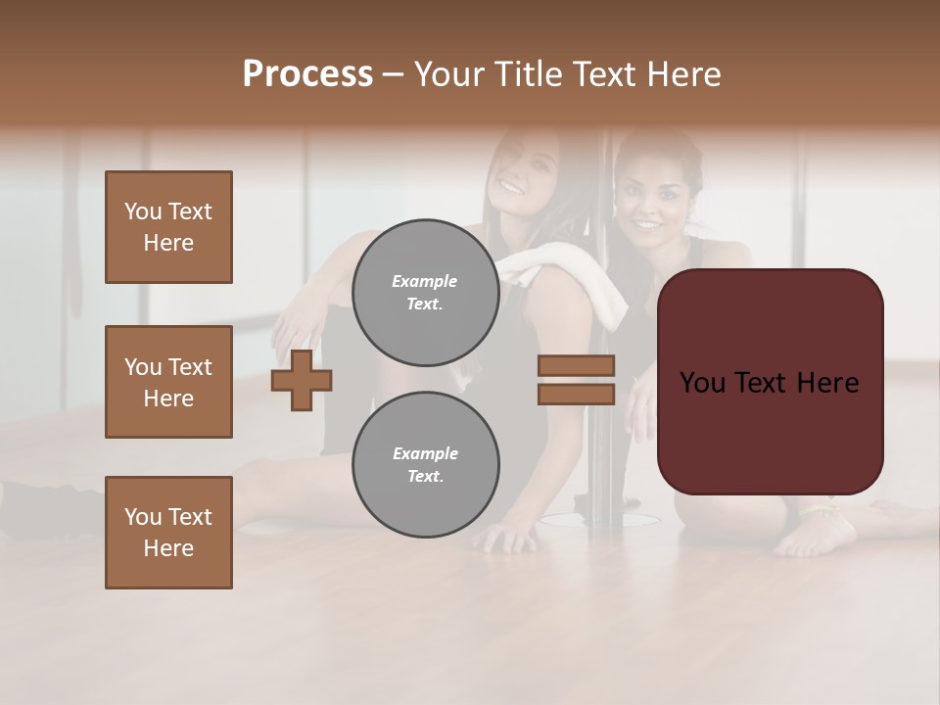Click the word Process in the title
307,74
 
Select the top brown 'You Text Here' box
168,227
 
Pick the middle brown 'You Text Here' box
168,382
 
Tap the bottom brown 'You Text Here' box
168,533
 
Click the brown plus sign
302,381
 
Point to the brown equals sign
576,380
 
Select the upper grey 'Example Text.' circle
425,292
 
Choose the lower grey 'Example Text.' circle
425,464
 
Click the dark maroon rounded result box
770,382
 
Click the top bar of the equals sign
576,366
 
